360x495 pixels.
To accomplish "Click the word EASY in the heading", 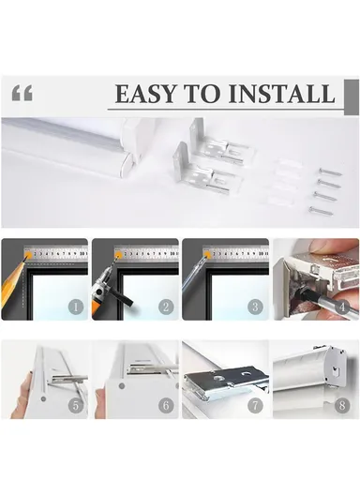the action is [144, 94].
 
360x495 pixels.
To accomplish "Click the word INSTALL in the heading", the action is [281, 94].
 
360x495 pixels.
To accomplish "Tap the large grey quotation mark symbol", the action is [22, 93].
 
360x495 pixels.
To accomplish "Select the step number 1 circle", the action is [76, 307].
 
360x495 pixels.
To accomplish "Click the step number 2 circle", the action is [167, 307].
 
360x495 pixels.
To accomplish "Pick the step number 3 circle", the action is [255, 307].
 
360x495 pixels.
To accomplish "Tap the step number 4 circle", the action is [342, 307].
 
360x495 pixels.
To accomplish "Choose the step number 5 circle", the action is [76, 405].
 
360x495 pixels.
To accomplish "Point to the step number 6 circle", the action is [167, 405].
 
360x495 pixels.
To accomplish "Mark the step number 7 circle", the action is [255, 405].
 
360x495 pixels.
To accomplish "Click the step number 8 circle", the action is [342, 405].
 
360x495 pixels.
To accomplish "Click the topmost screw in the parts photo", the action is [330, 172].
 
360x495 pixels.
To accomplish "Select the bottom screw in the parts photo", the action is [321, 210].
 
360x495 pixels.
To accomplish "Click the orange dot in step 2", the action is [119, 254].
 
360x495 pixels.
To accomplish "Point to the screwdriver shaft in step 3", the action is [192, 275].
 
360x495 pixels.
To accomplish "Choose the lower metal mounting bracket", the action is [205, 171].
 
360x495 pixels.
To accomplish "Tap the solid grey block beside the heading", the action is [352, 97].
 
